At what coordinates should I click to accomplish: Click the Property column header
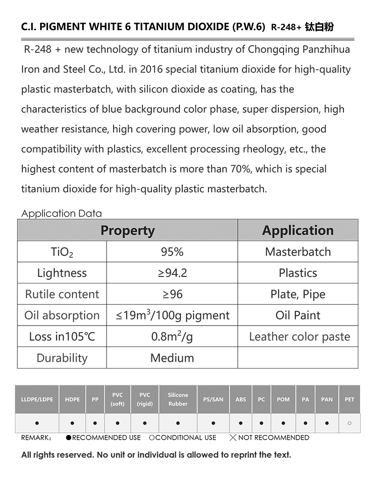pos(128,231)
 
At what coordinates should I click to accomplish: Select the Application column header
pos(298,231)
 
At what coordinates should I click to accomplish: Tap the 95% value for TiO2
pos(172,252)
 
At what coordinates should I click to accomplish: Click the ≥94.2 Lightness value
pos(172,273)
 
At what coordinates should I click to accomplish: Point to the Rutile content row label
pos(62,294)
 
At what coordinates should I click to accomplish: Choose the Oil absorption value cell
pos(172,315)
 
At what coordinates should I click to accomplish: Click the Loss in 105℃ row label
pos(62,337)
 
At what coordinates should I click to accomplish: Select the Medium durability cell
pos(172,358)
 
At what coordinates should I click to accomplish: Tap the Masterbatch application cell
pos(298,252)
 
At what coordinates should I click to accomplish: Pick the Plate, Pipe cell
pos(298,294)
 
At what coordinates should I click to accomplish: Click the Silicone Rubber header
pos(178,399)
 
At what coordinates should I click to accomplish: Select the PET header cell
pos(349,399)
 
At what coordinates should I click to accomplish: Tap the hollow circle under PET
pos(349,423)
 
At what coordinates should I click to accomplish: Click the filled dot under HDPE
pos(72,423)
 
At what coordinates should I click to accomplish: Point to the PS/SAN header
pos(213,399)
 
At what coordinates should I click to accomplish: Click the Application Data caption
pos(62,214)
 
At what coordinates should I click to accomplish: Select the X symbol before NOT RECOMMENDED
pos(233,438)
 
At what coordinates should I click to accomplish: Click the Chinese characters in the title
pos(319,27)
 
